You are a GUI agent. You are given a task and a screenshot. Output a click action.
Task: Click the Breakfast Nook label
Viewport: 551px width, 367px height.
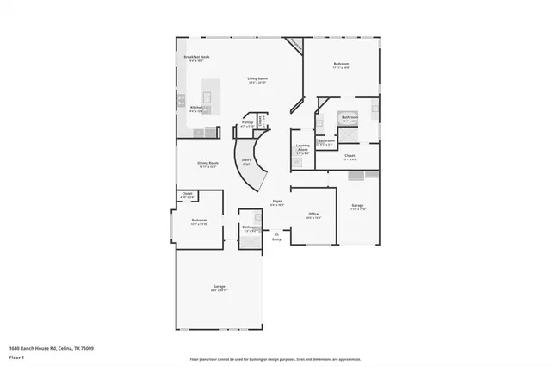point(196,57)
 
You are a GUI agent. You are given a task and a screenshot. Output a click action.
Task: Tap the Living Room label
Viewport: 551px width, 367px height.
point(257,78)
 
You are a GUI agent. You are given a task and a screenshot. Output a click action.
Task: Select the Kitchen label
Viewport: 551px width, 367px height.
point(195,108)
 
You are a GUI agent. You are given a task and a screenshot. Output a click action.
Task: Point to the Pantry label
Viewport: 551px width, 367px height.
point(247,123)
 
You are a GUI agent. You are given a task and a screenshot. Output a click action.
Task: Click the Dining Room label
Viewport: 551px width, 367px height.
point(207,163)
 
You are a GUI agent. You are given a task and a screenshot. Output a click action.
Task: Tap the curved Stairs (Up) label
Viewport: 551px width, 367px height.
point(246,160)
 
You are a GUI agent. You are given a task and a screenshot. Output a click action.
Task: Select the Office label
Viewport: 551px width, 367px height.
point(314,215)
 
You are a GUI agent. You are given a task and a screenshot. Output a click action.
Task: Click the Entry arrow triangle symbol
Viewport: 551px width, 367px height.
point(276,233)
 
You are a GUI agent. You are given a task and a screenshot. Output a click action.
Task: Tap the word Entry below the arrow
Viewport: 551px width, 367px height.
point(276,239)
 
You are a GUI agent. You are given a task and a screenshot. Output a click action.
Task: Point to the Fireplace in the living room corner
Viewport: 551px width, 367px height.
point(295,43)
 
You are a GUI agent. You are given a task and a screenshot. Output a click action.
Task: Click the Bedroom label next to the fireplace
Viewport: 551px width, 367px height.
point(341,65)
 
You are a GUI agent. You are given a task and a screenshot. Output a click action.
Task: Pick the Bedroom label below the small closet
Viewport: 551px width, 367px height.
point(199,220)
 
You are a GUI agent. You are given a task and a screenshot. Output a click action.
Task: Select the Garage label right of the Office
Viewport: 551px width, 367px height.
point(357,205)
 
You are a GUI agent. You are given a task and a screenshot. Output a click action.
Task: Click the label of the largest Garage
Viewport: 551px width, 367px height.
point(220,286)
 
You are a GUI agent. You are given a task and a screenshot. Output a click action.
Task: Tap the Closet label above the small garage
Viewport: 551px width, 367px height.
point(350,155)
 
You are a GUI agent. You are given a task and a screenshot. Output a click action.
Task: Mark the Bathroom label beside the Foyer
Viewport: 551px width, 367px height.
point(250,228)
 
